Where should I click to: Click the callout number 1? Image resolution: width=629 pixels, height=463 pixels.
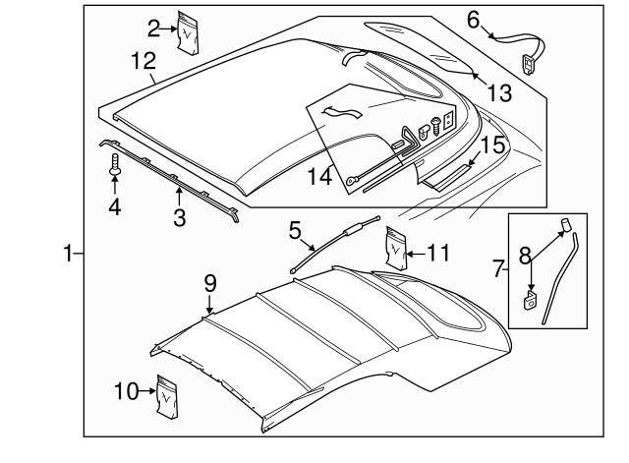pyautogui.click(x=68, y=255)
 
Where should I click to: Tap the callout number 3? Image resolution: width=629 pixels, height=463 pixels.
pyautogui.click(x=179, y=216)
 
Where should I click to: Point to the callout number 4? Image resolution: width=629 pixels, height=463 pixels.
pyautogui.click(x=115, y=207)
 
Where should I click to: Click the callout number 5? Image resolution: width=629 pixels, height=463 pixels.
pyautogui.click(x=294, y=232)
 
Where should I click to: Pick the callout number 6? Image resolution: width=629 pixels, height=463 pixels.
pyautogui.click(x=473, y=19)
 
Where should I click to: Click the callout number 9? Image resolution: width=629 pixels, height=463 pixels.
pyautogui.click(x=209, y=283)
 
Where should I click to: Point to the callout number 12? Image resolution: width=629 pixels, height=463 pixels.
pyautogui.click(x=143, y=61)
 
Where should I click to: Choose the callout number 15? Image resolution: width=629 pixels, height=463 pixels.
pyautogui.click(x=491, y=145)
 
